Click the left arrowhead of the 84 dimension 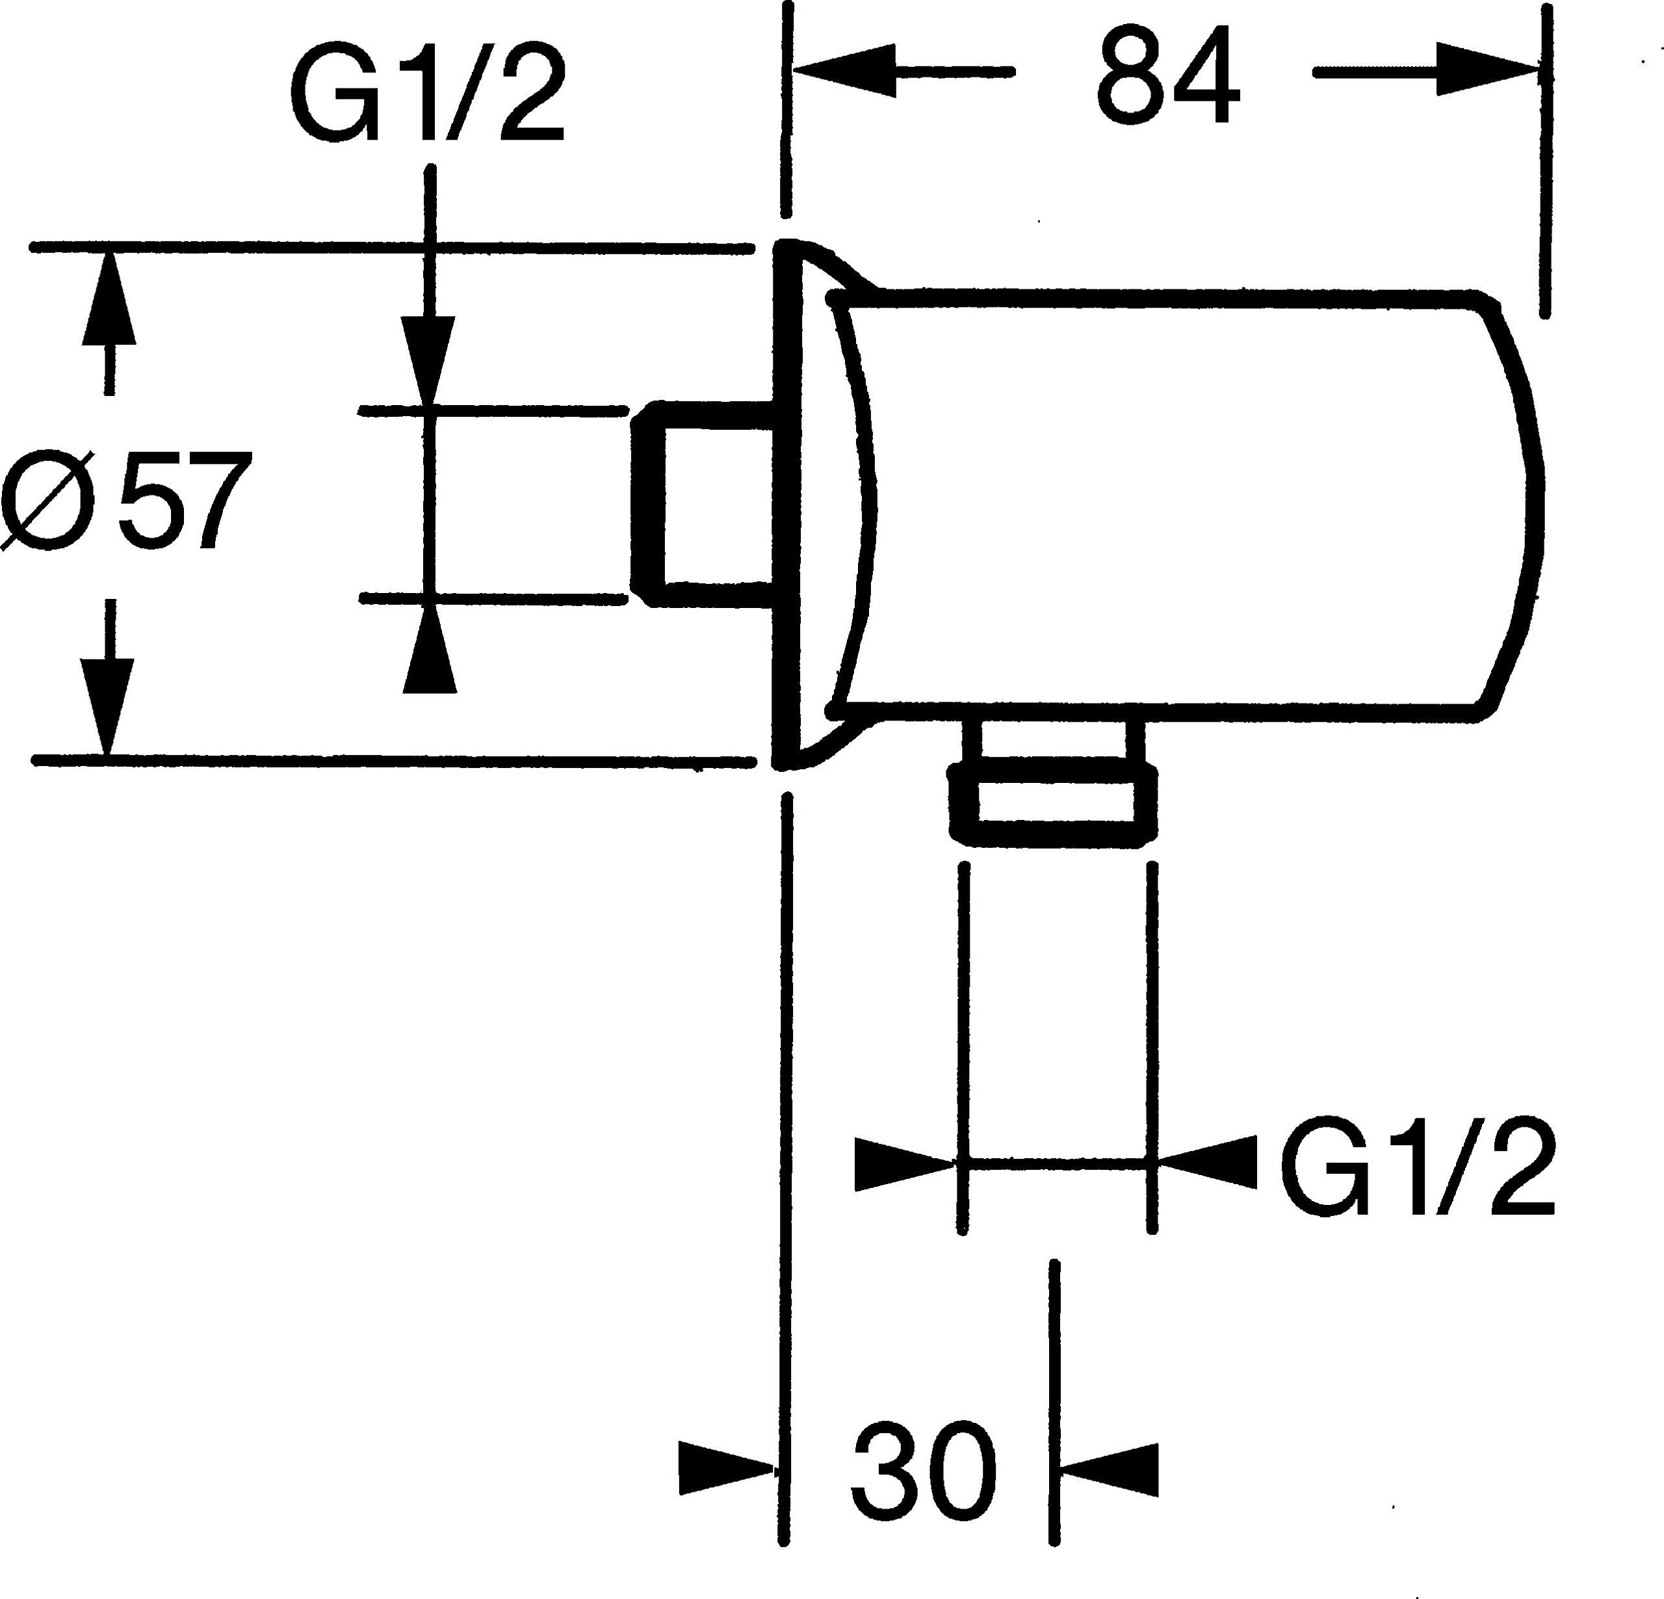pyautogui.click(x=844, y=72)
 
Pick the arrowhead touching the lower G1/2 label pyautogui.click(x=1206, y=1161)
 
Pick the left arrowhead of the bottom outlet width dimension pyautogui.click(x=906, y=1163)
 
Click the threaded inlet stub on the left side pyautogui.click(x=704, y=506)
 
